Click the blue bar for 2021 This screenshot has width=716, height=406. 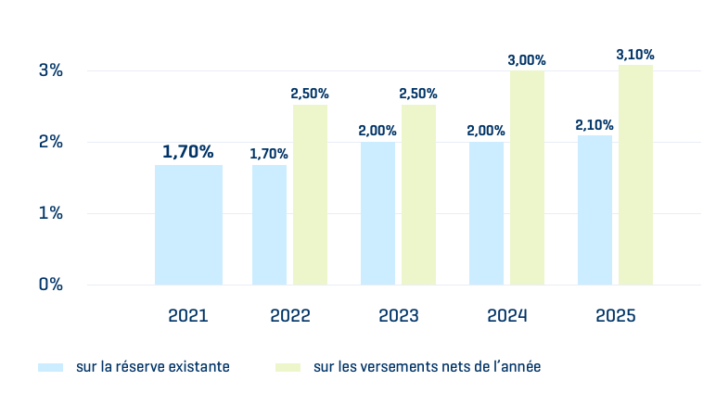(x=188, y=224)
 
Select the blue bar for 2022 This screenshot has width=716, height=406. (x=269, y=224)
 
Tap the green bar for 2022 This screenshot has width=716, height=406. (x=310, y=195)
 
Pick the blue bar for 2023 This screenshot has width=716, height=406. (x=377, y=213)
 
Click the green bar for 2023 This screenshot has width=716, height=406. (x=418, y=195)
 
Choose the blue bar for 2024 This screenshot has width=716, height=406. (x=486, y=213)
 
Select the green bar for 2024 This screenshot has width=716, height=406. (x=527, y=177)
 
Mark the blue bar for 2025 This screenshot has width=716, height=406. (x=595, y=209)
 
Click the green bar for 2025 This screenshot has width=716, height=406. (x=635, y=174)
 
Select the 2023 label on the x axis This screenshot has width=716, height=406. (x=398, y=316)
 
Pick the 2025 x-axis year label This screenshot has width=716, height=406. (x=615, y=316)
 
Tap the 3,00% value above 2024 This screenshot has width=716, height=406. (x=527, y=60)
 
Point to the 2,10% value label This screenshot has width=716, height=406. (x=595, y=124)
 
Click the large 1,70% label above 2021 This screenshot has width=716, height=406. (x=188, y=151)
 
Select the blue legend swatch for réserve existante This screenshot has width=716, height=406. (x=50, y=367)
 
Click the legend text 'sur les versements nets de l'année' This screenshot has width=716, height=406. (x=427, y=367)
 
